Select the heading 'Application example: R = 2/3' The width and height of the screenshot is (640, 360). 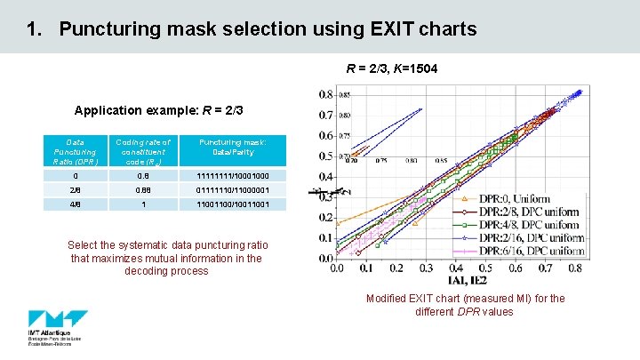click(x=159, y=111)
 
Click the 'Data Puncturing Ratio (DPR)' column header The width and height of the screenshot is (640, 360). click(x=76, y=152)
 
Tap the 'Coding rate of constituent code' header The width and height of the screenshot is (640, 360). click(x=143, y=152)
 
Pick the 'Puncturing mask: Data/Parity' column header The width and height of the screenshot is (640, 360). click(x=232, y=147)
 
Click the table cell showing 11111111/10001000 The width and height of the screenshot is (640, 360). click(x=232, y=176)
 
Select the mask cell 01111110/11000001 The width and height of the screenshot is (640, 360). click(x=232, y=190)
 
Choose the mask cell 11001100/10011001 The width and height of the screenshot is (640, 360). click(x=232, y=204)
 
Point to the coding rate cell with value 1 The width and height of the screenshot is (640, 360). click(x=143, y=204)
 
